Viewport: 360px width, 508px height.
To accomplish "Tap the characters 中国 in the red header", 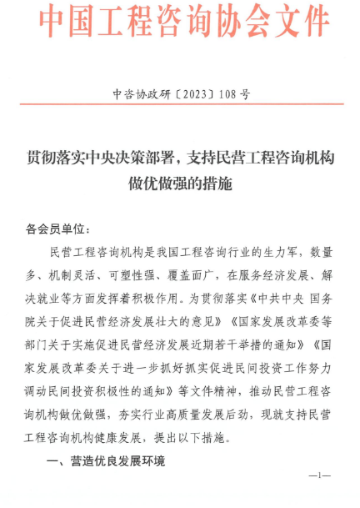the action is click(64, 20).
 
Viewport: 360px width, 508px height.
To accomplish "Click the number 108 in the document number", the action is click(227, 94).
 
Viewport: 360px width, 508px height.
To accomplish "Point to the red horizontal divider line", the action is click(180, 104).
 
